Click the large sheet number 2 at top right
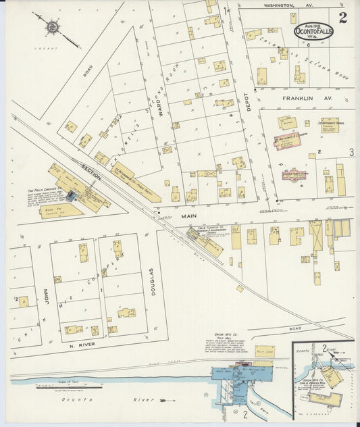(x=343, y=18)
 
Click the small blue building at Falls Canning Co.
(x=70, y=197)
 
